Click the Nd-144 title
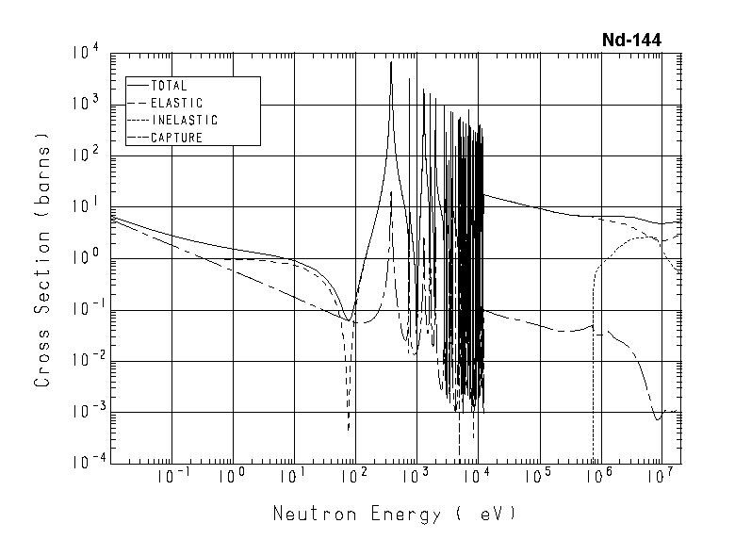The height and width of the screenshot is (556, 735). click(631, 41)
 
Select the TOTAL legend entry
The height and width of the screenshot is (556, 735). click(169, 86)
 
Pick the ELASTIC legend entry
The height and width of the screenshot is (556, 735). click(176, 103)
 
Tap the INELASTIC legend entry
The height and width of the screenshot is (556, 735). click(184, 121)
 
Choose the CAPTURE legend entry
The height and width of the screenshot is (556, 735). click(176, 138)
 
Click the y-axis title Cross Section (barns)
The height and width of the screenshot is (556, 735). click(42, 256)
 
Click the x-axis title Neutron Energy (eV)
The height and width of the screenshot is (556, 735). click(395, 514)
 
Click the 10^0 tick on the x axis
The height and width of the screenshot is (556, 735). click(233, 478)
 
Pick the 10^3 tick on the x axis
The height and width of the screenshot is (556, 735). click(415, 478)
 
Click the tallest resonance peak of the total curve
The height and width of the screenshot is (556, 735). click(390, 63)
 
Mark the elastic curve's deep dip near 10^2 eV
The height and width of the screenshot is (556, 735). click(349, 429)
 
